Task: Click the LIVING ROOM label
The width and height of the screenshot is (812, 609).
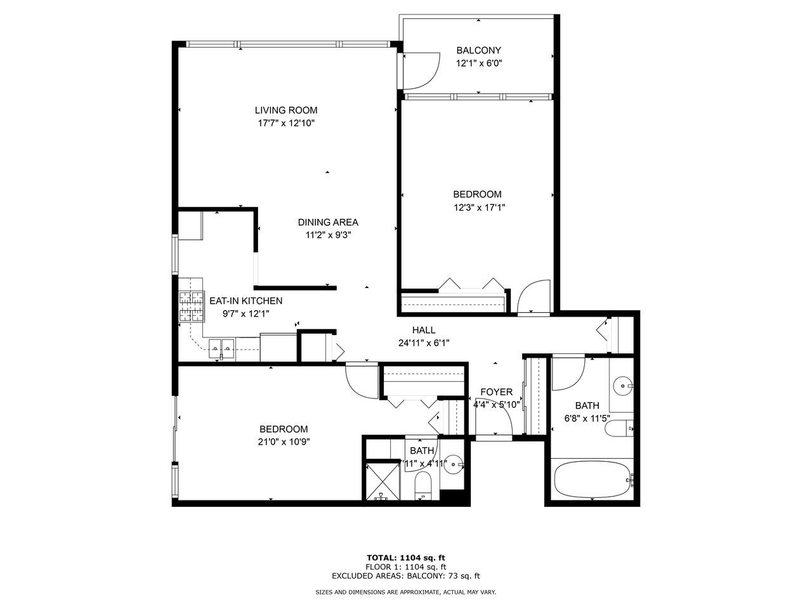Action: pyautogui.click(x=286, y=110)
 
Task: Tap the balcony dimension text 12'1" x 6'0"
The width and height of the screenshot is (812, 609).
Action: pyautogui.click(x=479, y=63)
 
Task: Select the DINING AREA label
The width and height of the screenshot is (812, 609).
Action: pyautogui.click(x=328, y=222)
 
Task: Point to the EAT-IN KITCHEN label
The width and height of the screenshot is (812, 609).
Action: pyautogui.click(x=246, y=301)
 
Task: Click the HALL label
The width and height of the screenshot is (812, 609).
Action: pyautogui.click(x=424, y=330)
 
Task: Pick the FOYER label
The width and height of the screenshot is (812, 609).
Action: pyautogui.click(x=496, y=392)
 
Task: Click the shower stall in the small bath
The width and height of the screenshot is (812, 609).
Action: pyautogui.click(x=383, y=481)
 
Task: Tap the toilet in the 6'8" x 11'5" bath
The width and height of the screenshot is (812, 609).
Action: pyautogui.click(x=619, y=430)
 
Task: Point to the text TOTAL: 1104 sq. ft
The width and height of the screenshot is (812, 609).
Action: pyautogui.click(x=406, y=558)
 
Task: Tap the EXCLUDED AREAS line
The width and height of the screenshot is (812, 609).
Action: pyautogui.click(x=406, y=576)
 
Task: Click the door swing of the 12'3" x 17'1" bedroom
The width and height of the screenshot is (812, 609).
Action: pyautogui.click(x=534, y=297)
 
